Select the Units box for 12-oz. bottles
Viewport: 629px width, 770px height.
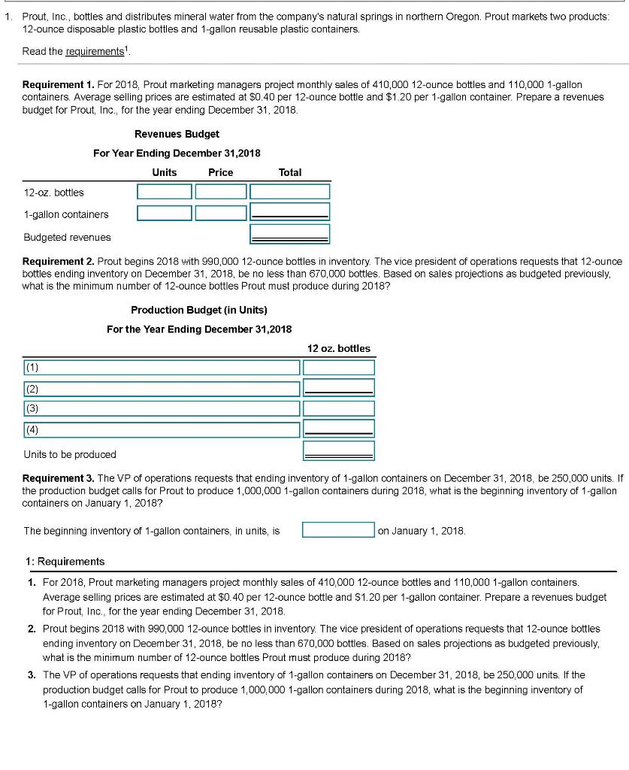coord(165,192)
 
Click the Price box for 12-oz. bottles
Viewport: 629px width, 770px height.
coord(220,192)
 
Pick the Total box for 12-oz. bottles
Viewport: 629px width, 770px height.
coord(289,192)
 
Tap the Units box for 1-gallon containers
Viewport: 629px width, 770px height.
coord(165,213)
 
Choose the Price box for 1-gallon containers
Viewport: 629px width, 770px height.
coord(220,213)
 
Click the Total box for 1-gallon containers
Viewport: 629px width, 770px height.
coord(289,212)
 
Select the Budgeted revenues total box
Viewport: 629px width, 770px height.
coord(289,234)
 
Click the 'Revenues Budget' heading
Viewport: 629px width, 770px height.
coord(177,134)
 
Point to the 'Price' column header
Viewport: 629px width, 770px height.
coord(220,172)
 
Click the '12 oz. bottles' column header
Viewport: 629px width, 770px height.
coord(339,348)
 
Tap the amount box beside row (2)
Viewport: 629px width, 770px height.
coord(339,387)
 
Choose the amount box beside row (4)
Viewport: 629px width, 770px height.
coord(339,429)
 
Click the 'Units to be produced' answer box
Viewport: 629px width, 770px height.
coord(339,451)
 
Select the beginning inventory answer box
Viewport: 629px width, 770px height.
coord(338,530)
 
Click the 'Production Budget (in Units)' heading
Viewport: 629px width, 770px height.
coord(199,310)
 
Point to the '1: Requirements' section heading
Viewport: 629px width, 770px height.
coord(65,562)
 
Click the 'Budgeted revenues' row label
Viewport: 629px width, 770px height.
coord(67,237)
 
